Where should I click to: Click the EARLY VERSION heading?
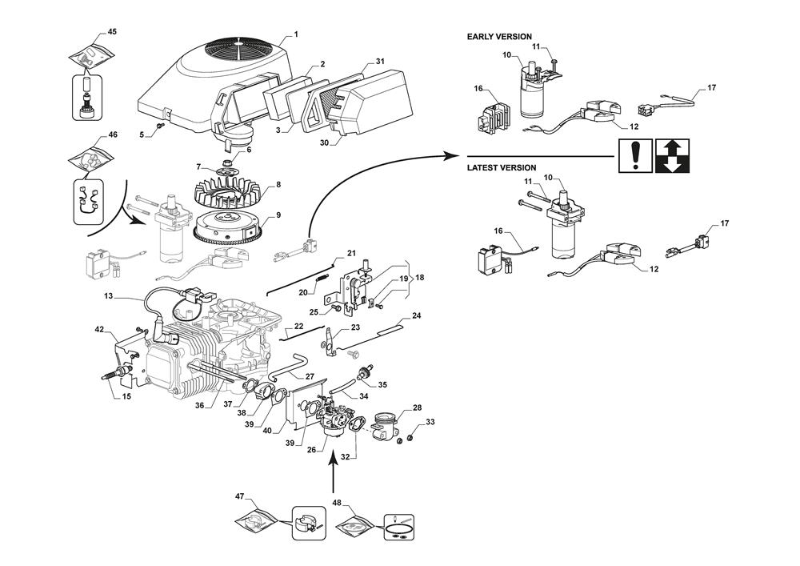coord(499,37)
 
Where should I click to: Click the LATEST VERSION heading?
coord(502,168)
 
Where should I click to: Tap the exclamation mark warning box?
coord(634,155)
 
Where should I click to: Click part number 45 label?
coord(112,32)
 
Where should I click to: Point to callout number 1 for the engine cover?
coord(295,34)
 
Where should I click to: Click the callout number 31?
coord(380,62)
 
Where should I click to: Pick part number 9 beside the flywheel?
coord(278,215)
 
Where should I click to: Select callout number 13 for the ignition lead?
coord(109,296)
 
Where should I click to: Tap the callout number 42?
coord(99,329)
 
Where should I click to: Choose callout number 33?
coord(430,422)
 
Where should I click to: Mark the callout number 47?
coord(238,497)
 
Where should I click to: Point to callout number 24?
coord(416,315)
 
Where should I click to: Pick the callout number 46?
coord(112,135)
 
